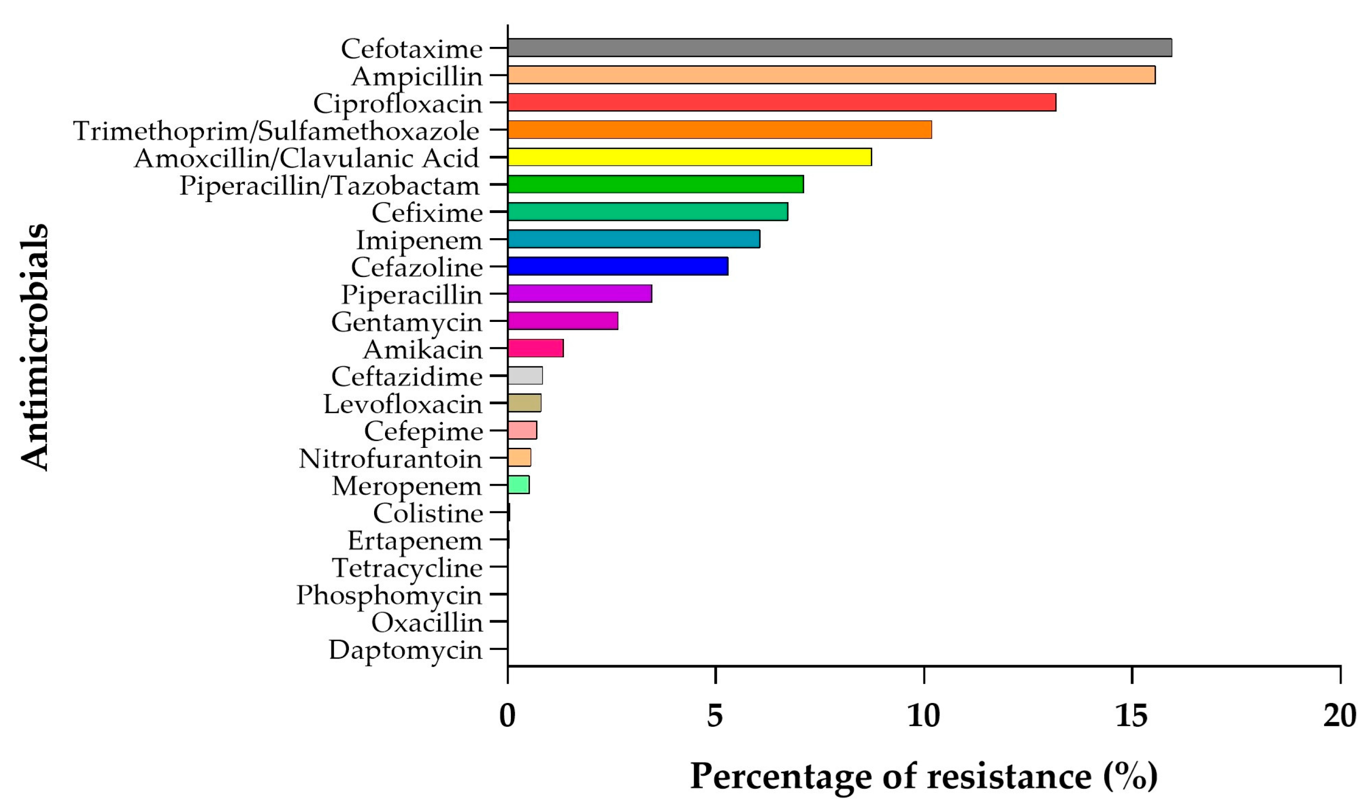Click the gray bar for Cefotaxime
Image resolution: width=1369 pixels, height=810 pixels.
[840, 48]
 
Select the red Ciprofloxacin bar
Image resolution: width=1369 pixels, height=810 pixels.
[782, 103]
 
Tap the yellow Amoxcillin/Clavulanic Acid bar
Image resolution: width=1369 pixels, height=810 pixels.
[689, 157]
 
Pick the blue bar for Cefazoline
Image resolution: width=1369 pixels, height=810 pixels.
[618, 267]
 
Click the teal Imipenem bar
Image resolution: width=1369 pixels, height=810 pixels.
[634, 239]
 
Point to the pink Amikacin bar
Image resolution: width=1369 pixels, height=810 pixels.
[536, 348]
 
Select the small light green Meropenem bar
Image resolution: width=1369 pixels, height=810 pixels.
[519, 485]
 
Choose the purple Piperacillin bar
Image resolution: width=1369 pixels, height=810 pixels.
[580, 294]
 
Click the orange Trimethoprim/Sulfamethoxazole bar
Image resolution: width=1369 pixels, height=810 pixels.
[719, 130]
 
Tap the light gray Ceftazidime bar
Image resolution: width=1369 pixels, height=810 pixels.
[525, 375]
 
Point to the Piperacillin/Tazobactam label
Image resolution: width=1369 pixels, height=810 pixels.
[330, 186]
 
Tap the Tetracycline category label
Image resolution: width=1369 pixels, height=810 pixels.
[407, 568]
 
